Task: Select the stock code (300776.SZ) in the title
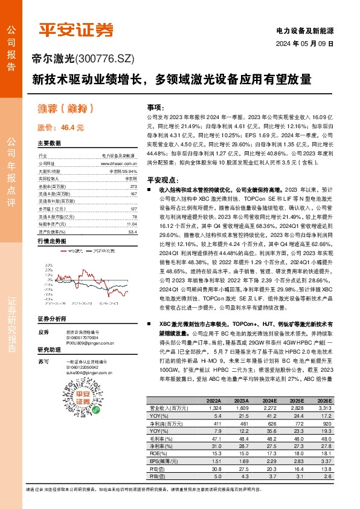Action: coord(106,59)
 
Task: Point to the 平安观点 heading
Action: coord(164,180)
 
